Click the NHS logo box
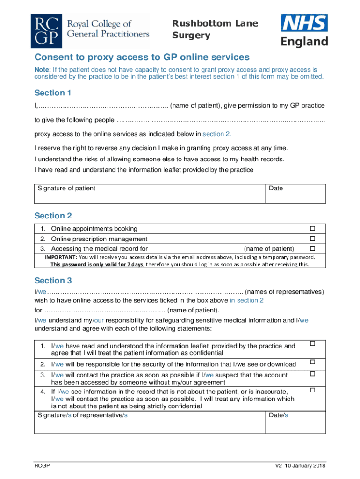[x=304, y=23]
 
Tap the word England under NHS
[x=304, y=42]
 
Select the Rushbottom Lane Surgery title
[x=215, y=29]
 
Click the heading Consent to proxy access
[x=142, y=58]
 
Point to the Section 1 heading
[x=53, y=93]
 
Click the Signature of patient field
[x=150, y=193]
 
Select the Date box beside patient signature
[x=295, y=193]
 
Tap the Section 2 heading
[x=53, y=216]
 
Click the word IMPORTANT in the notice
[x=61, y=257]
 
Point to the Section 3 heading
[x=53, y=281]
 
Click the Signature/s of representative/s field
[x=150, y=422]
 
